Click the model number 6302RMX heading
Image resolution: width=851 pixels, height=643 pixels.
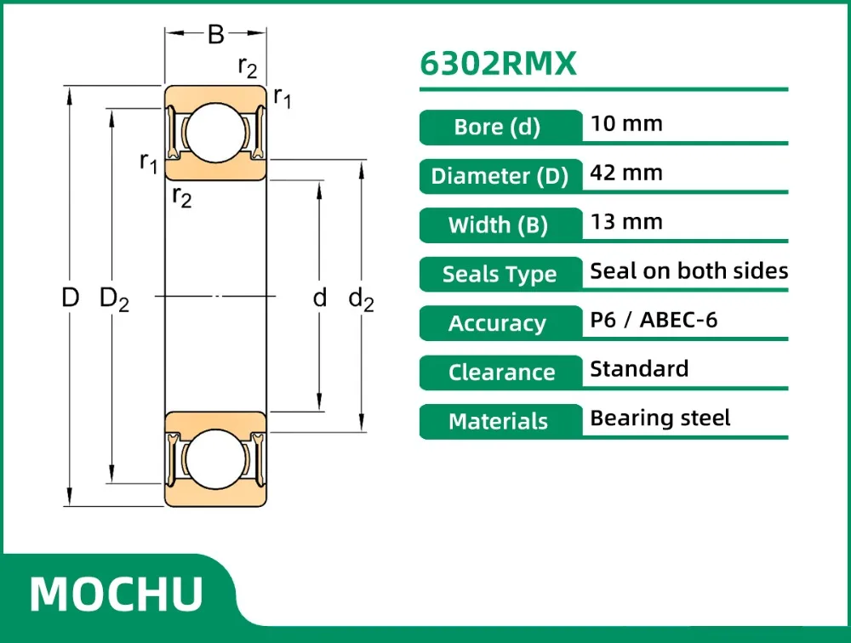click(499, 65)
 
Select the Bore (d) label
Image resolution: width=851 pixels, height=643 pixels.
click(498, 128)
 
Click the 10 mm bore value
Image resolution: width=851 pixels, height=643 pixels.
click(626, 123)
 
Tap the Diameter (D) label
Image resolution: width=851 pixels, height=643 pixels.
click(500, 177)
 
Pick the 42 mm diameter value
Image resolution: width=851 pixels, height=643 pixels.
click(626, 173)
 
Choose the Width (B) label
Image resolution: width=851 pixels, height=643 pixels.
click(499, 225)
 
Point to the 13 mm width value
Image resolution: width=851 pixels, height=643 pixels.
click(626, 222)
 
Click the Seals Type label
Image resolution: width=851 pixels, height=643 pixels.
click(500, 275)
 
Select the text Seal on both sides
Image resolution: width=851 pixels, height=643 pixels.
click(689, 271)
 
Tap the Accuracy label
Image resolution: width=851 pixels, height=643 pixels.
click(498, 324)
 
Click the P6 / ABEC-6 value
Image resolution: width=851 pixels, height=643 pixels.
click(654, 320)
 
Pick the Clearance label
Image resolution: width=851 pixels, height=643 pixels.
click(501, 373)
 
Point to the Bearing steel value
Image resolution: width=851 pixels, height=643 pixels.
click(660, 418)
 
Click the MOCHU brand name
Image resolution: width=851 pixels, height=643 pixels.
click(117, 593)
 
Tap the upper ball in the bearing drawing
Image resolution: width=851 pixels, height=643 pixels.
click(216, 134)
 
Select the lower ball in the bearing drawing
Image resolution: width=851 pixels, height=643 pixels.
click(216, 459)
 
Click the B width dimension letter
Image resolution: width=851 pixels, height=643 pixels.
click(216, 35)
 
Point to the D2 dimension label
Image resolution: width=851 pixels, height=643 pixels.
click(114, 299)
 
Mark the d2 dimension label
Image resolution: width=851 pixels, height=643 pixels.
click(362, 299)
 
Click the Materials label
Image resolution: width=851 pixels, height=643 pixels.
click(499, 422)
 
